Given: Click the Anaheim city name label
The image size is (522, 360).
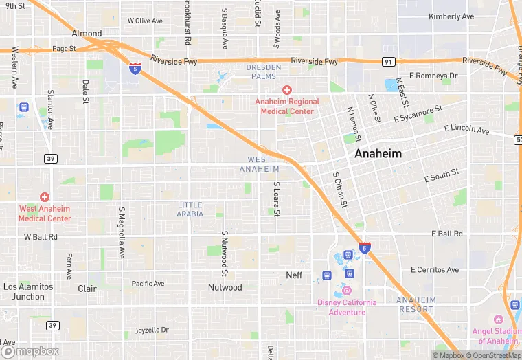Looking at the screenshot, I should pyautogui.click(x=378, y=154).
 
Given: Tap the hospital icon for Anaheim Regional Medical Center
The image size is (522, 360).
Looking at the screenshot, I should pyautogui.click(x=287, y=90).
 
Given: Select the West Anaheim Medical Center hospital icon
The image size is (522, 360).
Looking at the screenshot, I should pyautogui.click(x=45, y=197).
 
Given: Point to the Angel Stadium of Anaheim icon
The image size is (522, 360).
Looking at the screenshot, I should pyautogui.click(x=499, y=321).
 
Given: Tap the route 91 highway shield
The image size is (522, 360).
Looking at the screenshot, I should pyautogui.click(x=389, y=61).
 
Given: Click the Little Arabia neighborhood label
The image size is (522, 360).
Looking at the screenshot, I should pyautogui.click(x=190, y=210).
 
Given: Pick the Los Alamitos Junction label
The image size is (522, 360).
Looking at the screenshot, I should pyautogui.click(x=28, y=291).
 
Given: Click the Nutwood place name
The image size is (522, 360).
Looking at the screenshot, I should pyautogui.click(x=225, y=287).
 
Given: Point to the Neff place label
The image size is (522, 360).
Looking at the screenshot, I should pyautogui.click(x=294, y=275).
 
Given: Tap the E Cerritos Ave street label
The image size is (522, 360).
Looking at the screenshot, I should pyautogui.click(x=434, y=270).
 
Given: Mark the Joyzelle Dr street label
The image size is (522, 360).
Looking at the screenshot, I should pyautogui.click(x=152, y=330).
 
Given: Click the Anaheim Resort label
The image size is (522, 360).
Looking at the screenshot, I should pyautogui.click(x=416, y=304).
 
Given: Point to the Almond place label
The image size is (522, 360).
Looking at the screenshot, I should pyautogui.click(x=87, y=33).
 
